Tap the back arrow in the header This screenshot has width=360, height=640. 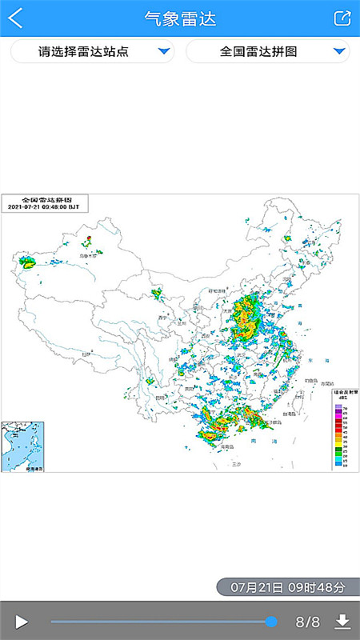15,18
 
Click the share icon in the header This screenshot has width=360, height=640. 342,18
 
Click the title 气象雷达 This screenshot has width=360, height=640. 180,18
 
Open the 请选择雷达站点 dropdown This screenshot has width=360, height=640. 93,52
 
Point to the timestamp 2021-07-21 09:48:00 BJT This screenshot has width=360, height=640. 44,206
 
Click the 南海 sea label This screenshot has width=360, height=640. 254,441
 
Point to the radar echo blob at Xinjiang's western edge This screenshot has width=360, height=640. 28,261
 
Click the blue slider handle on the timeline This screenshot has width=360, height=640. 271,622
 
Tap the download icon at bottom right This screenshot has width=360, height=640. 342,622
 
